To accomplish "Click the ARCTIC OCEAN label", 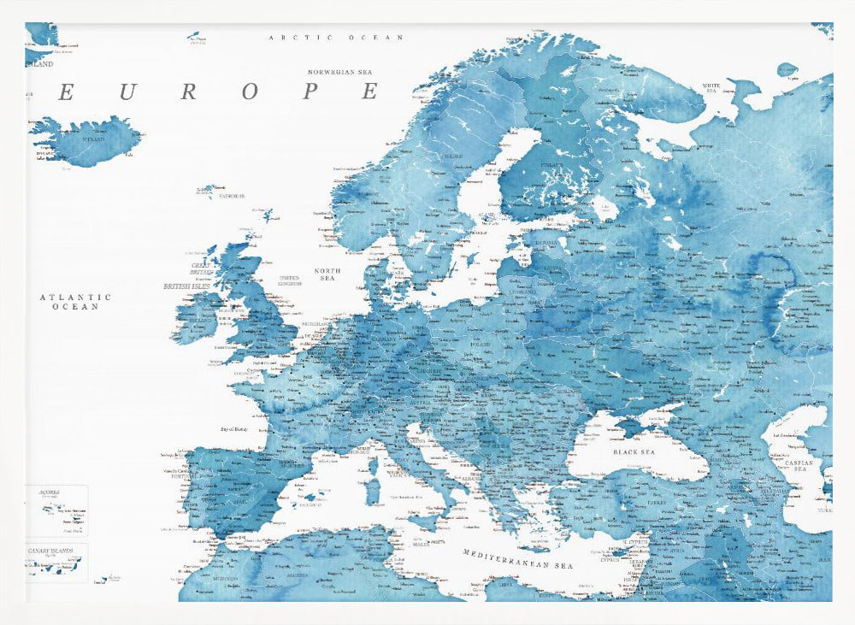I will (x=336, y=38).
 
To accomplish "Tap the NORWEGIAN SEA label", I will (x=342, y=73).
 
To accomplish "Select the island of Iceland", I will (x=86, y=141).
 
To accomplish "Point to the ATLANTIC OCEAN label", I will (x=75, y=301).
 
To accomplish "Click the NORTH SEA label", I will (x=327, y=274).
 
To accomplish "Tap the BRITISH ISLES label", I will (x=186, y=286).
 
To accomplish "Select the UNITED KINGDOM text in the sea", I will (x=290, y=280).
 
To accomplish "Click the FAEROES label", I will (x=231, y=197).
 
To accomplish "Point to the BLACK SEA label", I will (x=634, y=451).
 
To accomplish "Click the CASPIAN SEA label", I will (x=801, y=466).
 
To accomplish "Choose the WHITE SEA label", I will (x=711, y=86).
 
